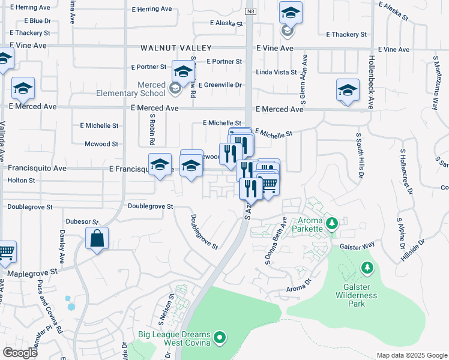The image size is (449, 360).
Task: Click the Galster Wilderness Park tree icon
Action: (365, 267)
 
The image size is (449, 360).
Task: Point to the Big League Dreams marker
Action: (220, 338)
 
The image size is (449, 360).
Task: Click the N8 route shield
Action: (250, 12)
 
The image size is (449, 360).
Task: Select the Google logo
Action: (20, 353)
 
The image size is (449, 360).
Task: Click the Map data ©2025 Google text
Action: (411, 355)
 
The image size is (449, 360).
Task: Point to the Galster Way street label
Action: (357, 245)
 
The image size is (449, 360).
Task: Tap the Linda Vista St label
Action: (277, 73)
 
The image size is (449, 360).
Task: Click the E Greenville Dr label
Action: (220, 85)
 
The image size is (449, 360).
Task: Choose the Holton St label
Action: (22, 180)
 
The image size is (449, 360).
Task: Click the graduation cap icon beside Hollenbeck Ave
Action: (348, 91)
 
